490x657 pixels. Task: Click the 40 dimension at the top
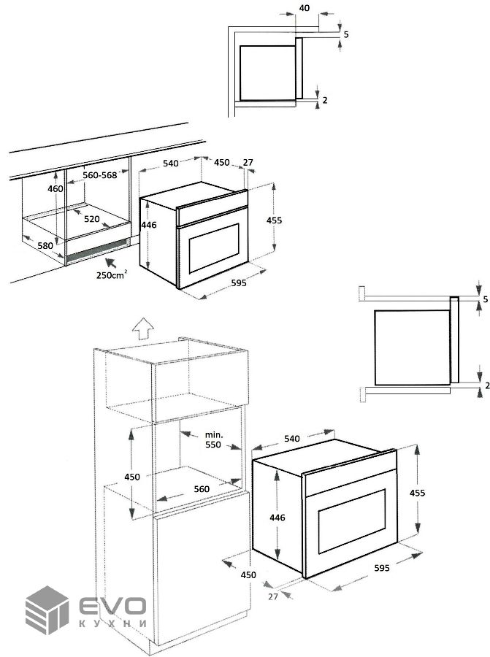click(305, 8)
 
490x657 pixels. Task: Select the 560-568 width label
click(100, 175)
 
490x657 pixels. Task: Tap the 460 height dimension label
click(55, 189)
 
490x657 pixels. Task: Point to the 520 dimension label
click(92, 219)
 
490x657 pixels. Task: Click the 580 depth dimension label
click(45, 245)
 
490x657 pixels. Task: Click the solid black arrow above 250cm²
click(111, 263)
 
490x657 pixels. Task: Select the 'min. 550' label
click(213, 439)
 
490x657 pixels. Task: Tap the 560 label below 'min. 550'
click(202, 488)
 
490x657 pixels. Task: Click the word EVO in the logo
click(112, 605)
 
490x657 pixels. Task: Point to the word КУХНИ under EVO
click(112, 623)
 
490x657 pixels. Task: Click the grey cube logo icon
click(47, 610)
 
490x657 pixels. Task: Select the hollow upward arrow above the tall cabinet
click(143, 327)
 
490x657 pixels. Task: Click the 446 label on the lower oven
click(277, 518)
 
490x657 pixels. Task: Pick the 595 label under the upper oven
click(239, 283)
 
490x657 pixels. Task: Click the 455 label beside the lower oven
click(417, 493)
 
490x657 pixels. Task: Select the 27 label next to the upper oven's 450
click(248, 162)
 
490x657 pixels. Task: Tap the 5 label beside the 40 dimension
click(346, 34)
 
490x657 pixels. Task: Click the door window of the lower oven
click(352, 520)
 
